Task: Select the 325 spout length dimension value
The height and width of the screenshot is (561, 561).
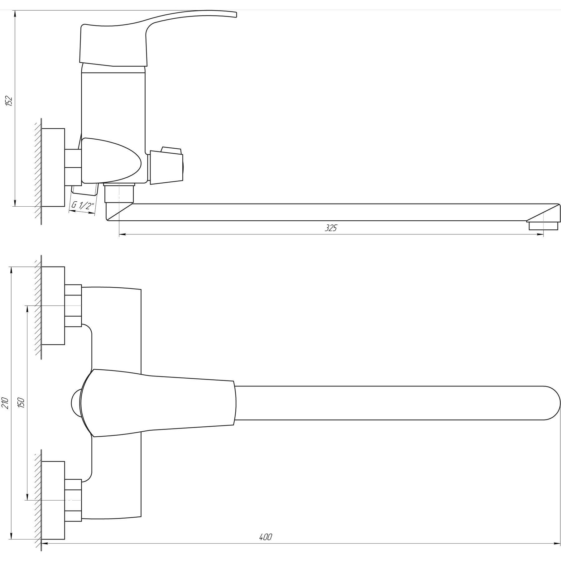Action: tap(331, 228)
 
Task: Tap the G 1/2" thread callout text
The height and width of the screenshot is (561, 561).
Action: tap(83, 205)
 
